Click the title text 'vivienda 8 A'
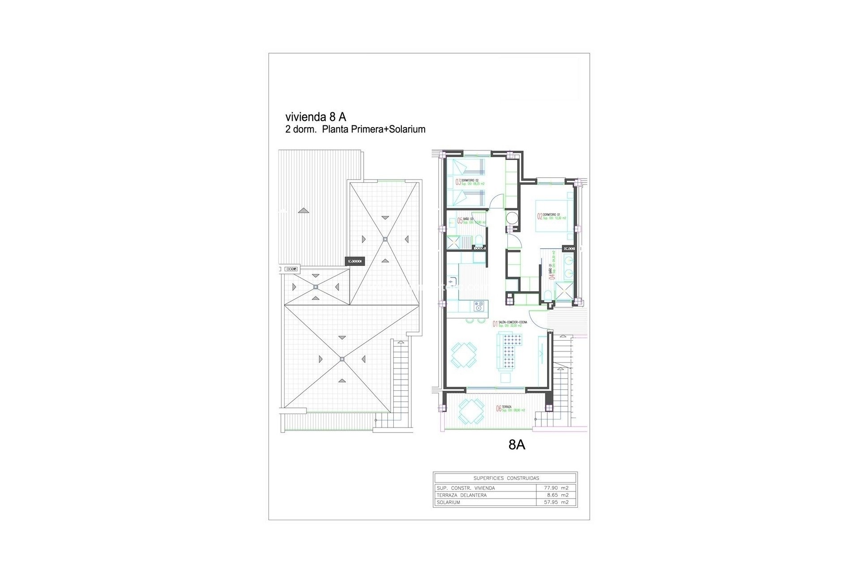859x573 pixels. click(x=315, y=117)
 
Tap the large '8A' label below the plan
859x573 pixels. click(x=517, y=445)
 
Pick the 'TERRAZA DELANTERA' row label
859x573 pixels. click(x=460, y=495)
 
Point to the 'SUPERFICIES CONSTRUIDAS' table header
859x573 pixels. click(x=506, y=478)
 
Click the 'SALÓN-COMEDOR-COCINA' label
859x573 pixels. click(x=513, y=322)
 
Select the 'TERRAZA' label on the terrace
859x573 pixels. click(x=508, y=407)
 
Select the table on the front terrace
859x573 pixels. click(x=472, y=411)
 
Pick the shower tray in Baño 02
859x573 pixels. click(x=454, y=243)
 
